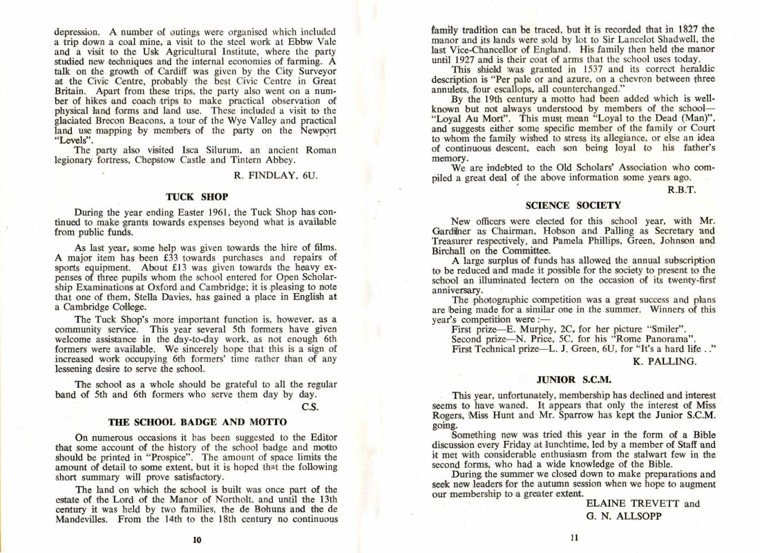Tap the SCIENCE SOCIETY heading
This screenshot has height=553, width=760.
[x=573, y=205]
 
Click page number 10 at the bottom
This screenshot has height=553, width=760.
[x=196, y=540]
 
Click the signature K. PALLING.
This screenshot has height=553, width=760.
[x=664, y=360]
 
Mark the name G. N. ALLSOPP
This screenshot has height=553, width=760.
[x=623, y=515]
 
